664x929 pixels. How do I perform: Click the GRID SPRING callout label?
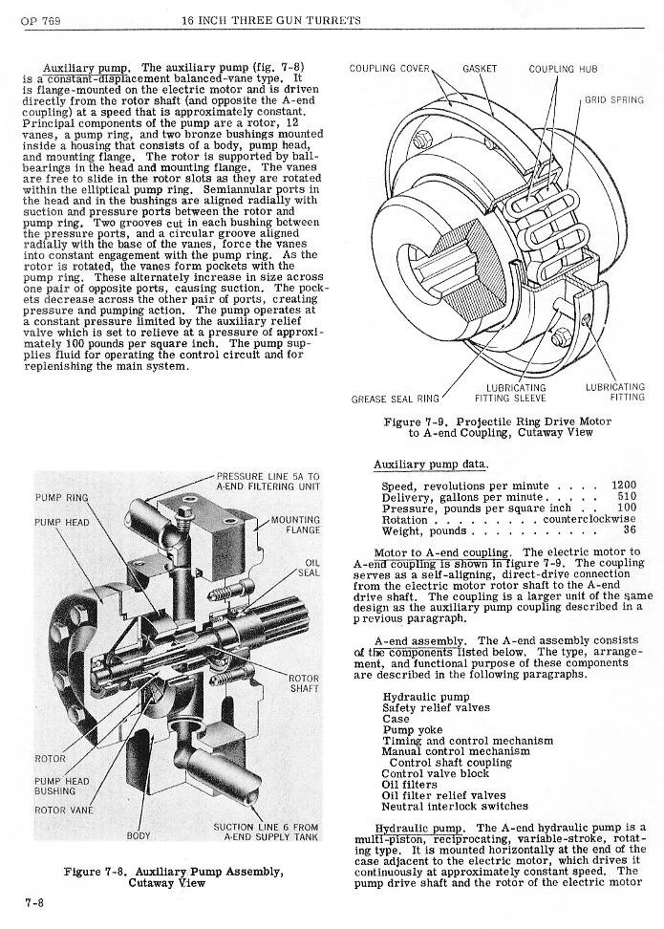point(614,99)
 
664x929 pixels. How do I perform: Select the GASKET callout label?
point(479,69)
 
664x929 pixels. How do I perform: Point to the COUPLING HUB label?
point(565,69)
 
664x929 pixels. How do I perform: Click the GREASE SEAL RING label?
point(396,398)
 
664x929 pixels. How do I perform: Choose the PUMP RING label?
point(61,498)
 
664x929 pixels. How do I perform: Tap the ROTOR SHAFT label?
point(304,683)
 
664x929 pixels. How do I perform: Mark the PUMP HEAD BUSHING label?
point(62,786)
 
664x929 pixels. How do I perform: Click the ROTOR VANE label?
point(64,810)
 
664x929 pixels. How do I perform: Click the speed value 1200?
point(623,486)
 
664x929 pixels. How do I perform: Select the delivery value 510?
point(627,497)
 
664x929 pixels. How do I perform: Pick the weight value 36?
point(630,530)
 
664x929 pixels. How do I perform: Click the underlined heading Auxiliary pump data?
point(430,464)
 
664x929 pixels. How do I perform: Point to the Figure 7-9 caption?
point(499,427)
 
